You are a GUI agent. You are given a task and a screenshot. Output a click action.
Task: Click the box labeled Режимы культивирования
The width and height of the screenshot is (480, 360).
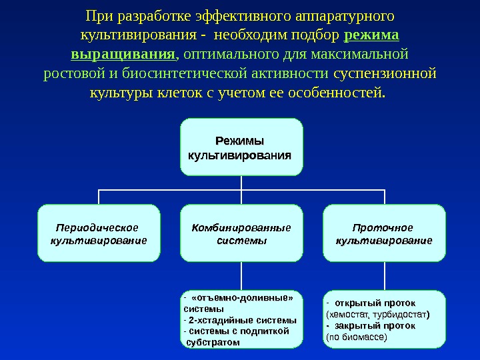[241, 147]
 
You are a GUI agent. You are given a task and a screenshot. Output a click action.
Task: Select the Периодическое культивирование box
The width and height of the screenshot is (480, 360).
[99, 233]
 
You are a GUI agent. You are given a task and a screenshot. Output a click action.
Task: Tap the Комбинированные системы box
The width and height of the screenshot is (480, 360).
[241, 233]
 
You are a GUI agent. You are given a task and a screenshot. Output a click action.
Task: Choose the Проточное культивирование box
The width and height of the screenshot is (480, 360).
[383, 233]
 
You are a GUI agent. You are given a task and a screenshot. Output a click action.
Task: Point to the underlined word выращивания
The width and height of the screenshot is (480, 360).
[123, 53]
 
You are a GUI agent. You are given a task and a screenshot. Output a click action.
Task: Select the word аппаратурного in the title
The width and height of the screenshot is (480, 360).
[349, 15]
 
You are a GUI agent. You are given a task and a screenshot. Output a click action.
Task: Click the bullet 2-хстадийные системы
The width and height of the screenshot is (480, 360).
[241, 319]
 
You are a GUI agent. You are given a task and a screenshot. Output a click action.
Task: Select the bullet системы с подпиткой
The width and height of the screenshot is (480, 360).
[238, 330]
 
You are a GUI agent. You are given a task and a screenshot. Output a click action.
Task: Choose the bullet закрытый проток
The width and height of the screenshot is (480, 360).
[374, 326]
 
